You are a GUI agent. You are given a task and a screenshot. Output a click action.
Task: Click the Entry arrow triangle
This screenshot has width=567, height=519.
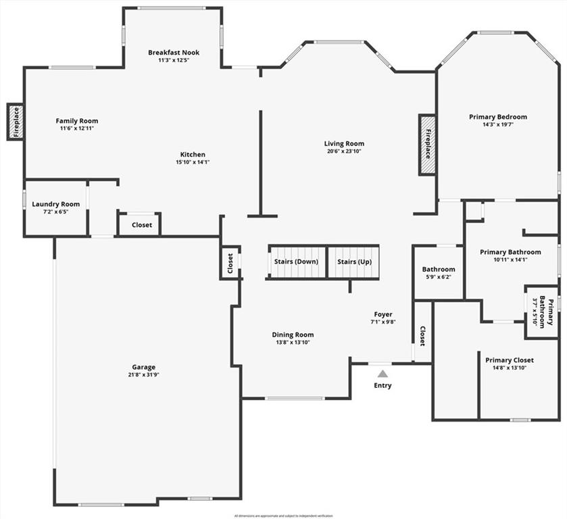click(x=383, y=374)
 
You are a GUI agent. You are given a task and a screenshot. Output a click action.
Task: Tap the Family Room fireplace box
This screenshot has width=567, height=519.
click(x=16, y=122)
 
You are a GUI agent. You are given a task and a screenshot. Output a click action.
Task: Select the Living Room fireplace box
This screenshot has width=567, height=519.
click(x=427, y=145)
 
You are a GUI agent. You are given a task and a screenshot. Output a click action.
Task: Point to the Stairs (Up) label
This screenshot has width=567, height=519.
click(x=353, y=262)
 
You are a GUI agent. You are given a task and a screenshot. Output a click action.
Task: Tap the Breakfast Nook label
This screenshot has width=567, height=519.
click(x=174, y=52)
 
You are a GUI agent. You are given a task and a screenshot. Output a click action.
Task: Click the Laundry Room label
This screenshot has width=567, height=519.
click(x=56, y=204)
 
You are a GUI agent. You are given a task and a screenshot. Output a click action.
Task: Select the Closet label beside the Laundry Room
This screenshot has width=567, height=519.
click(x=142, y=225)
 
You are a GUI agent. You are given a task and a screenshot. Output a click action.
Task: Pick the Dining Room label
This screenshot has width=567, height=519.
click(x=293, y=335)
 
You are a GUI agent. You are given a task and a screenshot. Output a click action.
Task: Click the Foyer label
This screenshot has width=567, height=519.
click(x=383, y=314)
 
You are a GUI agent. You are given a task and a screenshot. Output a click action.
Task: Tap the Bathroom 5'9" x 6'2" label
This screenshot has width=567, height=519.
click(x=439, y=269)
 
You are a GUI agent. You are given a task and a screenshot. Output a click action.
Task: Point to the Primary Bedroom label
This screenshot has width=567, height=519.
click(x=498, y=117)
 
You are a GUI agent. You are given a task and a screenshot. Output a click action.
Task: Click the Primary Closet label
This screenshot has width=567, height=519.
click(x=510, y=360)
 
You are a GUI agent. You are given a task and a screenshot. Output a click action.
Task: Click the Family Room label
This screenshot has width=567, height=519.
click(x=76, y=121)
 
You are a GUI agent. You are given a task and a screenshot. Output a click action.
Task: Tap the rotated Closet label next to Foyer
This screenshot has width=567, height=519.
click(x=422, y=336)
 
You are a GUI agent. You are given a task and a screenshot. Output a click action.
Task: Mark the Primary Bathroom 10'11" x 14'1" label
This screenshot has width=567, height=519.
click(x=510, y=252)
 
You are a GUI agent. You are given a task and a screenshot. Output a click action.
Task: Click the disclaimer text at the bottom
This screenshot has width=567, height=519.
click(x=283, y=516)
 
